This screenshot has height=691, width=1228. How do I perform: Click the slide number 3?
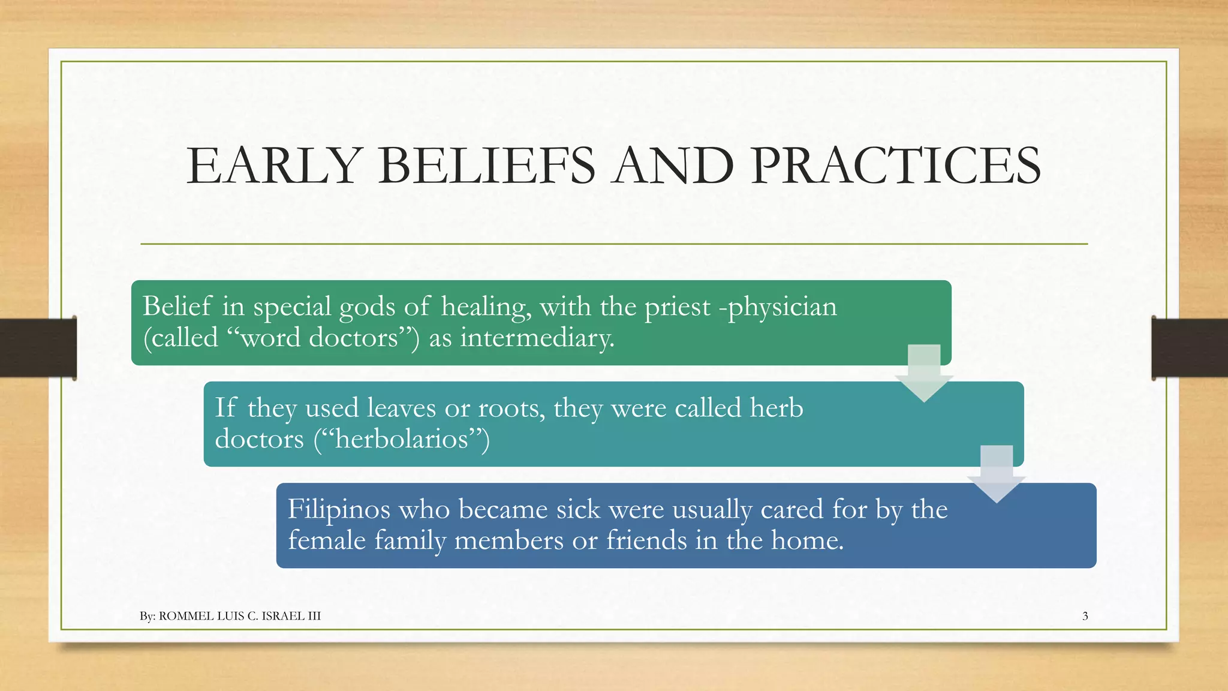pos(1085,616)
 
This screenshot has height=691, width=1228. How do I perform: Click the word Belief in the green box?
pos(177,307)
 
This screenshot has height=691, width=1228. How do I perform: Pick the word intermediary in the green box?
pos(537,338)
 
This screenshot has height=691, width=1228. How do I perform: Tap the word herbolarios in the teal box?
pos(401,439)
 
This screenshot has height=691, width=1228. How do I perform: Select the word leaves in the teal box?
pos(401,408)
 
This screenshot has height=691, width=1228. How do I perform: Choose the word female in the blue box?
pos(327,540)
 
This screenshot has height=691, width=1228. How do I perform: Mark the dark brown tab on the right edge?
pos(1190,348)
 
